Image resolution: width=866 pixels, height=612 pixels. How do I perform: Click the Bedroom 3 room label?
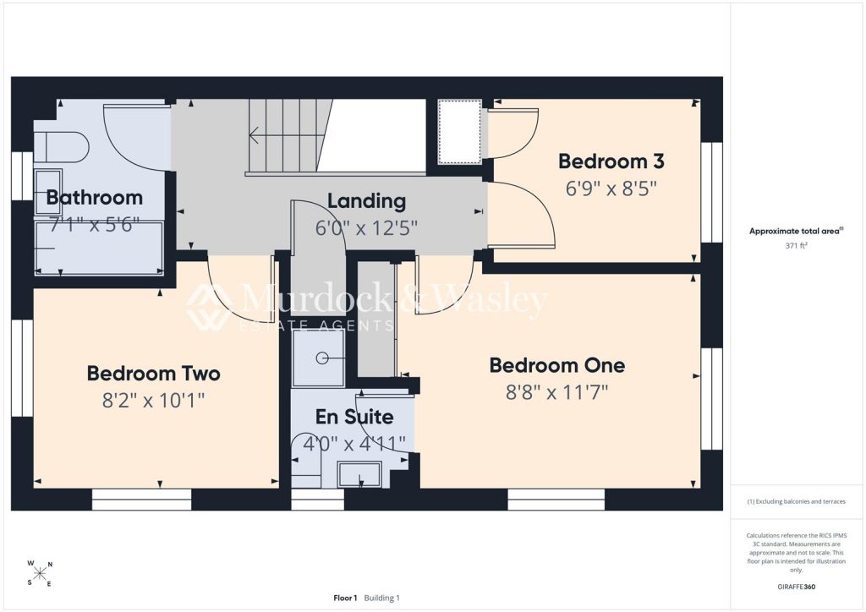(x=611, y=161)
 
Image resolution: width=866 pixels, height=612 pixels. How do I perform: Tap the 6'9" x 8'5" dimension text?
(x=611, y=189)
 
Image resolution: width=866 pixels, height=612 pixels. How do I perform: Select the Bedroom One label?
(x=557, y=365)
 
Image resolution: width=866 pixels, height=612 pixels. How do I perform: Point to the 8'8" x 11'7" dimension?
(x=556, y=392)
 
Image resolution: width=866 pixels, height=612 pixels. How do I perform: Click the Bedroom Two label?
(x=154, y=374)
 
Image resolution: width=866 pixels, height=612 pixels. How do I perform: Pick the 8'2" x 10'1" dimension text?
(x=154, y=400)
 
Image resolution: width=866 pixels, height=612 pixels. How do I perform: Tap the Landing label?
(x=367, y=201)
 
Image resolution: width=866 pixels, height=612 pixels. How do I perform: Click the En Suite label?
(x=354, y=417)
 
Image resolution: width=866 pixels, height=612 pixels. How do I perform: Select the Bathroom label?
(x=95, y=198)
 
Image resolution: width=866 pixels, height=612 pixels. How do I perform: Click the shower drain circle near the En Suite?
(x=322, y=358)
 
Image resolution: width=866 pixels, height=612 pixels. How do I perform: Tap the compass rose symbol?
(x=40, y=574)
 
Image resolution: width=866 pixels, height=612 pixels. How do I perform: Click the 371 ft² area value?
(x=796, y=246)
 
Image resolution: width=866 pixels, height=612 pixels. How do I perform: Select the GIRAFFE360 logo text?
(x=796, y=587)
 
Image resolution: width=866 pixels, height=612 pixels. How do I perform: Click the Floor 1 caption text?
(x=345, y=598)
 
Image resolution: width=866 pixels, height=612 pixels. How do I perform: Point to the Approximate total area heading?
(x=796, y=232)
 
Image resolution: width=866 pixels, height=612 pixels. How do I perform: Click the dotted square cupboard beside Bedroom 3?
(x=459, y=132)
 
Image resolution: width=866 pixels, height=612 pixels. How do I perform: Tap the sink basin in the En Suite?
(x=359, y=474)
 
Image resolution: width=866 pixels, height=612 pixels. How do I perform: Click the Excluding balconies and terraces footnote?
(x=796, y=501)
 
